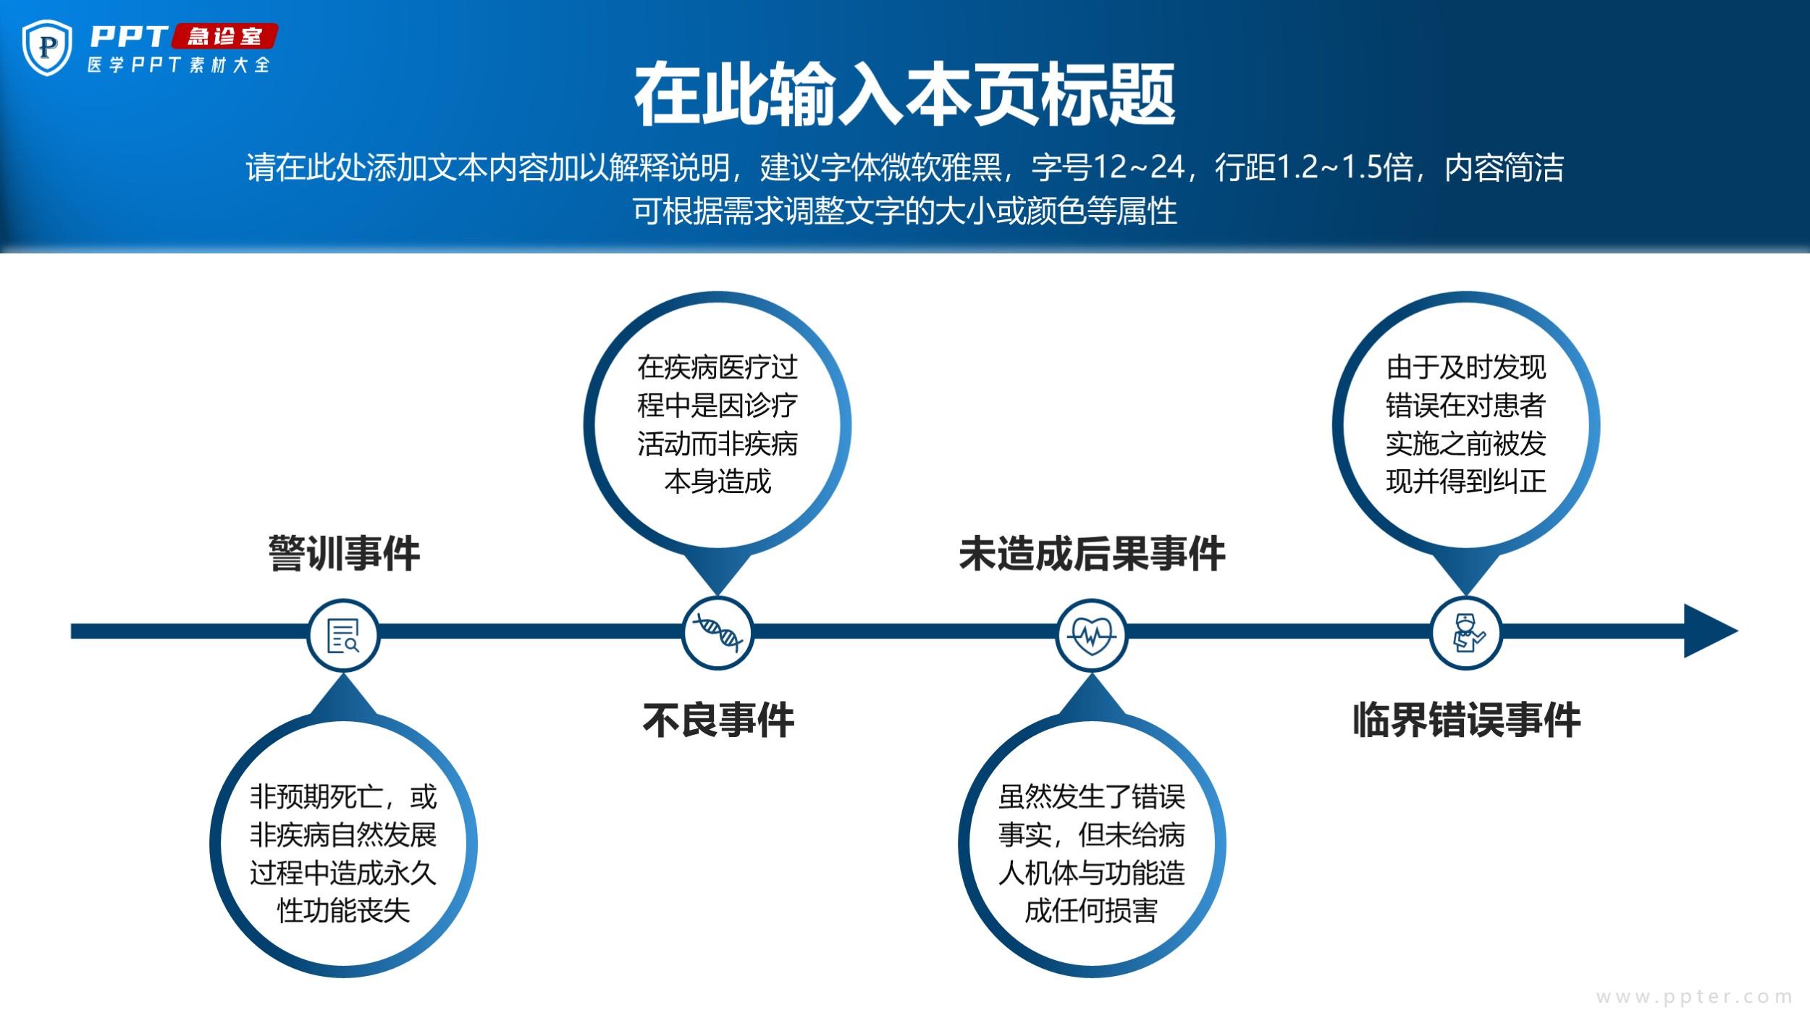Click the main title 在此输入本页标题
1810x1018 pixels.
coord(904,94)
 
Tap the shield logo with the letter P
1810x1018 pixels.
coord(48,48)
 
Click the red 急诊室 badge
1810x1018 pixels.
coord(224,36)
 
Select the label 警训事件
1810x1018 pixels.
coord(344,554)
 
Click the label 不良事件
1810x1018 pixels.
coord(718,720)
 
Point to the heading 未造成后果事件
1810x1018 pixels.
coord(1092,554)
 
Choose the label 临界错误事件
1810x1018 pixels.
coord(1467,720)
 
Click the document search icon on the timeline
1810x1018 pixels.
coord(343,635)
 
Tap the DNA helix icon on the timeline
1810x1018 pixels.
coord(717,633)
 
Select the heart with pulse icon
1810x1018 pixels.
coord(1092,635)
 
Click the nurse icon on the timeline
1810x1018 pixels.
coord(1466,633)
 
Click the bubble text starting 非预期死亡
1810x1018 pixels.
coord(343,854)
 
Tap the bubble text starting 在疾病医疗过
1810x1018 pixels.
coord(717,425)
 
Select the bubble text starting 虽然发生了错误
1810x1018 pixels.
coord(1092,854)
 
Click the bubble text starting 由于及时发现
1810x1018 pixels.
coord(1466,425)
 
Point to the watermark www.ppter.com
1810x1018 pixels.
coord(1694,997)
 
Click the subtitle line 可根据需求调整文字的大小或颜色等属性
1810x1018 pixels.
coord(905,211)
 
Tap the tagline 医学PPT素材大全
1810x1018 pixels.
coord(179,65)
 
